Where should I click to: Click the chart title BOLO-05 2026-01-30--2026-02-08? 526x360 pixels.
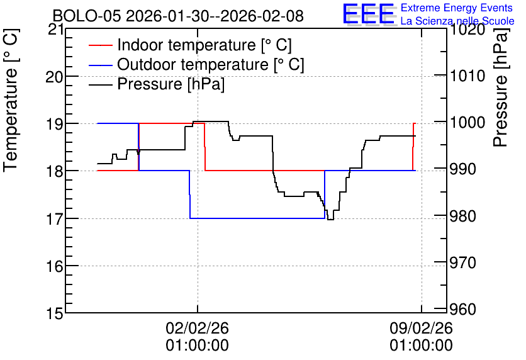point(178,16)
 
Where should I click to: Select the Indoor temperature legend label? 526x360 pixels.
point(204,45)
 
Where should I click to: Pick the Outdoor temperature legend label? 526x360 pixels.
point(211,64)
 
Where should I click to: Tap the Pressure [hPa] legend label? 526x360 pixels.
point(171,84)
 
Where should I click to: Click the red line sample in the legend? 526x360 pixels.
point(100,45)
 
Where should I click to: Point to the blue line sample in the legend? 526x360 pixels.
point(100,65)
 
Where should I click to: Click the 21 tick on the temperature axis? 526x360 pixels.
point(56,30)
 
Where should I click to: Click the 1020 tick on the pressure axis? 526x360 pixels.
point(467,30)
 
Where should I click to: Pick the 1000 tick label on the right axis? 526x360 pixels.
point(467,123)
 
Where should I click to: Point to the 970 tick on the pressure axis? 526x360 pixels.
point(463,262)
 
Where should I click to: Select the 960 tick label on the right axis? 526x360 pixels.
point(463,310)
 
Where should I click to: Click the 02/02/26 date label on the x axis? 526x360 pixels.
point(198,328)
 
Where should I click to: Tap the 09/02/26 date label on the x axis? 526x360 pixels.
point(421,328)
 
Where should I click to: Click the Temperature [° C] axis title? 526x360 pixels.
point(11,101)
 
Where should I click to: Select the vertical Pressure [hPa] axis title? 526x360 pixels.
point(501,88)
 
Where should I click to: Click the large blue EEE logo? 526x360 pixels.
point(368,14)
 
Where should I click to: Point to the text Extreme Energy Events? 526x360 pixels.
point(457,8)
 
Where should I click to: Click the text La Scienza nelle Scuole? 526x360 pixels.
point(457,21)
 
